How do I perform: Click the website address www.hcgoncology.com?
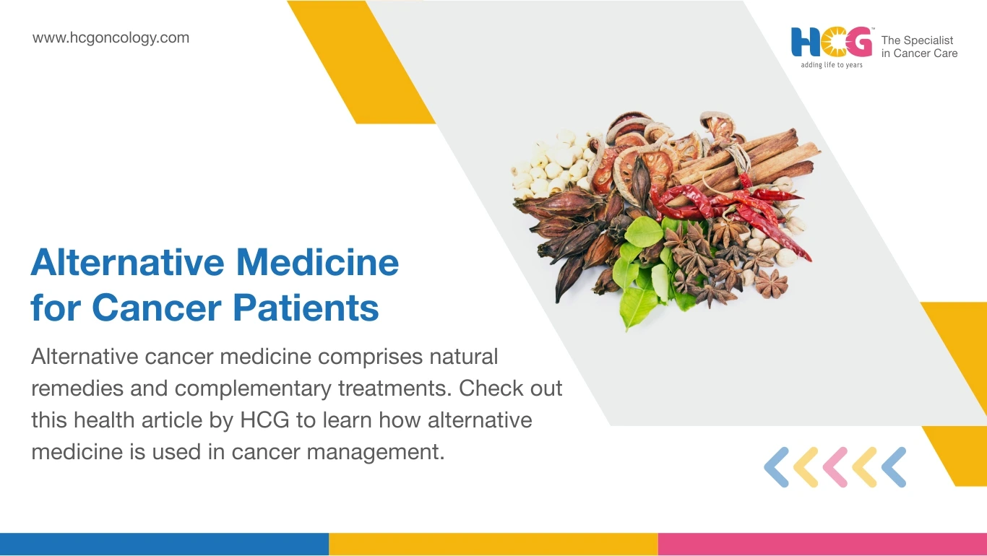tap(111, 38)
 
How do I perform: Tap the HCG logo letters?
tap(831, 42)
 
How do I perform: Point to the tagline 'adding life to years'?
tap(831, 65)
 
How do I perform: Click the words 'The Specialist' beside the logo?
tap(917, 40)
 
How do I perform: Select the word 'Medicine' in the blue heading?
tap(317, 262)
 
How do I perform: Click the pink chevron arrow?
tap(835, 467)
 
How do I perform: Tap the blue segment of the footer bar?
tap(164, 544)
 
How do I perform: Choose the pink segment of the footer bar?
tap(822, 544)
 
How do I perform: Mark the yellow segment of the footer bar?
tap(493, 544)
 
